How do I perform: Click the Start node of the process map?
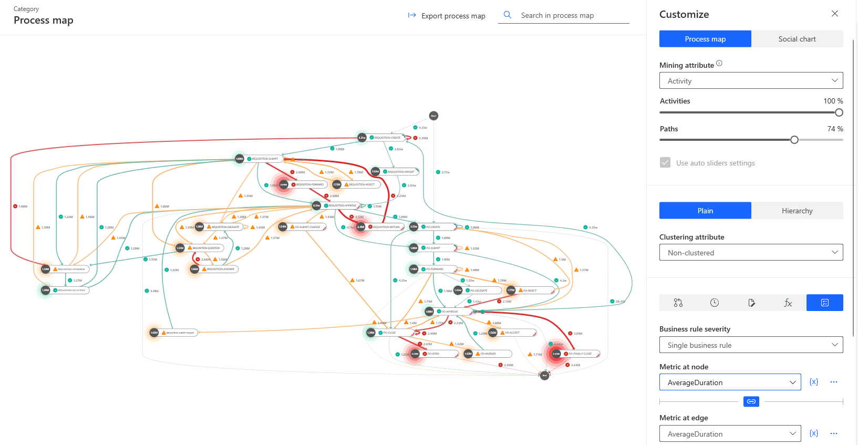(433, 116)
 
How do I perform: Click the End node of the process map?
(545, 375)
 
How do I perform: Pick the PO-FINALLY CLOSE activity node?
(580, 354)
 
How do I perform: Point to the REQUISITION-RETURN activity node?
(386, 227)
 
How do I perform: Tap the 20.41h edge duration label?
(620, 302)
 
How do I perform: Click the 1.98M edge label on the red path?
(23, 206)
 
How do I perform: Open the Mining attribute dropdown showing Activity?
(751, 80)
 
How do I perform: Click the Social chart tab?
(797, 39)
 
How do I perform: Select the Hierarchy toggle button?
(797, 211)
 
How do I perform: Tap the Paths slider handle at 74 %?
(794, 140)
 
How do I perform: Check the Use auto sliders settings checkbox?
(665, 163)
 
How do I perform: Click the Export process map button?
(447, 16)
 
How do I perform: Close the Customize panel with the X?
(834, 14)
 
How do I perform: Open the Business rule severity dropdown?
(751, 345)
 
